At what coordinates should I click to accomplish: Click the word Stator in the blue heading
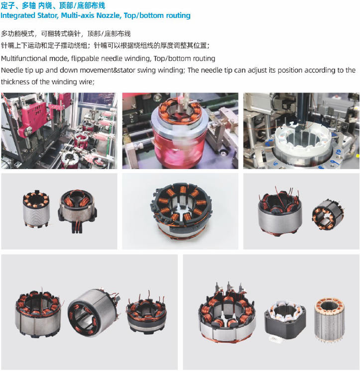coord(47,15)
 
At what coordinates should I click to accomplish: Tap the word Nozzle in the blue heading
coord(109,15)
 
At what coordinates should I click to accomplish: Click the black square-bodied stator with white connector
coord(285,320)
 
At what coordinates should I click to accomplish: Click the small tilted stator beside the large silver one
coord(328,215)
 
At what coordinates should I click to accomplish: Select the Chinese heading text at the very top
coord(53,5)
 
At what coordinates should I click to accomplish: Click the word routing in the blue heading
coord(178,15)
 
